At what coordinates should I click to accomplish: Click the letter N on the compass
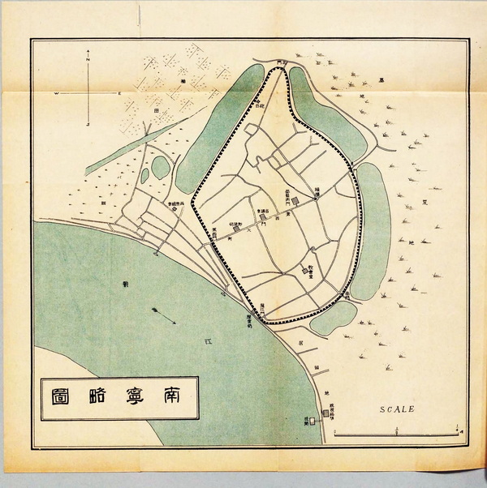(88, 55)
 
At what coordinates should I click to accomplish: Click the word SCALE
(397, 409)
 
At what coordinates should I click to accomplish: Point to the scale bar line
(398, 435)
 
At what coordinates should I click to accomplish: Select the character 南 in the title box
(172, 396)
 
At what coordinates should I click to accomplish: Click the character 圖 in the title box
(62, 396)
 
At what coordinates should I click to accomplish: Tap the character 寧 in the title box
(136, 396)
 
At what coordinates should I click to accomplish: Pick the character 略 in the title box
(99, 396)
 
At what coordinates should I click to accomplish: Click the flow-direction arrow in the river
(163, 316)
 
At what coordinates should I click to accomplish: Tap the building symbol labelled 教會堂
(305, 271)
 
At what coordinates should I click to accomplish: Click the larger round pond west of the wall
(160, 166)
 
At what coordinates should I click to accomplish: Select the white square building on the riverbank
(307, 422)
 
